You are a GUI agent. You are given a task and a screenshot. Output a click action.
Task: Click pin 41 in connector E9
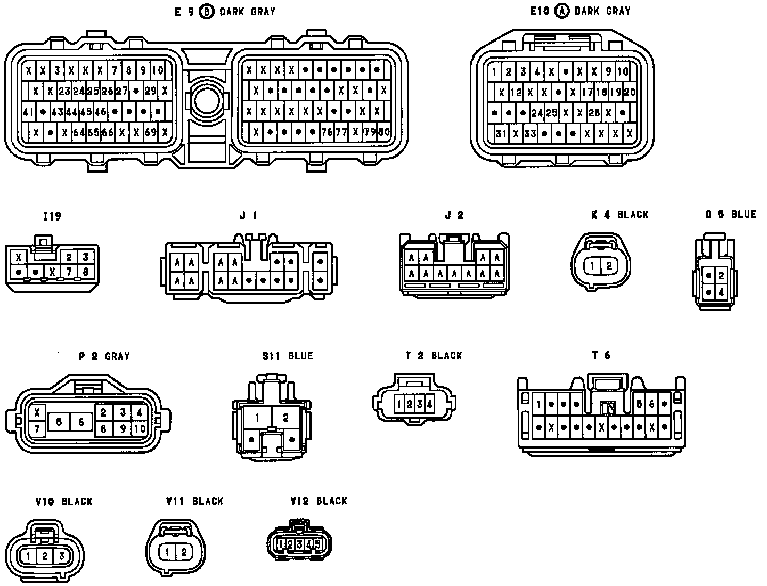[x=28, y=112]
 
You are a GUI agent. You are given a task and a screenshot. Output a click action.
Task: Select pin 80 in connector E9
[x=383, y=132]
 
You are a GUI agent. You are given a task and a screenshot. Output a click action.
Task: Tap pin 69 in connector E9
[x=151, y=132]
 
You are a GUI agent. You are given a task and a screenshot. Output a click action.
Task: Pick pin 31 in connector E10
[x=501, y=133]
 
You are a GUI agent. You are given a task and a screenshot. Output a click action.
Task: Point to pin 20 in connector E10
[x=630, y=92]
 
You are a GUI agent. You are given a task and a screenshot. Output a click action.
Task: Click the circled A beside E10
[x=561, y=11]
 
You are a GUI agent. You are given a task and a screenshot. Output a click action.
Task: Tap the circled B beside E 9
[x=206, y=12]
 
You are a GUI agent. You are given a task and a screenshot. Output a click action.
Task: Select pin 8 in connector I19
[x=85, y=272]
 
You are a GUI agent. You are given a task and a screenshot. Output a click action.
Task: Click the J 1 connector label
[x=248, y=216]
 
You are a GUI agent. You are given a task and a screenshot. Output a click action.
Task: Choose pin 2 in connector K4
[x=610, y=265]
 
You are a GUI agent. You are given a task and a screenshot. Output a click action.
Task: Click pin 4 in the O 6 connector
[x=721, y=292]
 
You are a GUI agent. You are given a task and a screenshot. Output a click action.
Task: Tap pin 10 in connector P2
[x=140, y=428]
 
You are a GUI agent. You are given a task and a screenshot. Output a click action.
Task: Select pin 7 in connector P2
[x=37, y=428]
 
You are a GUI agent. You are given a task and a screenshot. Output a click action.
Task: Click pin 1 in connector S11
[x=257, y=418]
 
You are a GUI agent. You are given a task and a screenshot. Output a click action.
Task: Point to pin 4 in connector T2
[x=429, y=404]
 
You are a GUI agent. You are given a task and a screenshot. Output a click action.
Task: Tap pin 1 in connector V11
[x=167, y=552]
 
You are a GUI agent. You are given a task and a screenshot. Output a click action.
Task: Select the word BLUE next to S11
[x=300, y=356]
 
